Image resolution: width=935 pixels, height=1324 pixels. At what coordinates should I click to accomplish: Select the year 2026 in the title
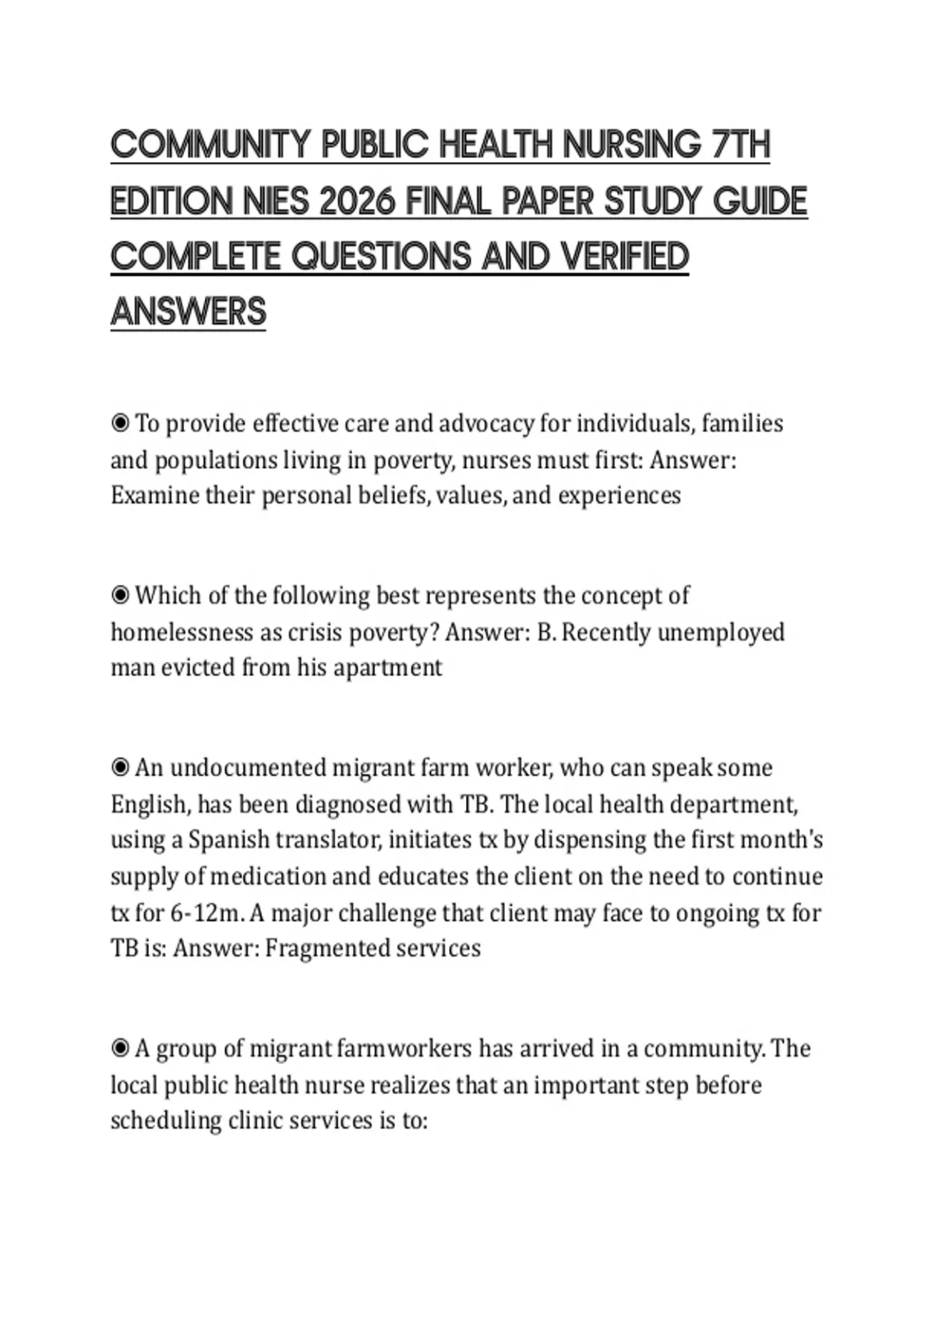(x=352, y=202)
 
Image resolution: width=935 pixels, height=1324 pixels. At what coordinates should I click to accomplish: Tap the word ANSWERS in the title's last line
(x=189, y=312)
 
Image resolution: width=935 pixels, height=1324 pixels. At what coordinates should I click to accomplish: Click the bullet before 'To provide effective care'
(x=120, y=424)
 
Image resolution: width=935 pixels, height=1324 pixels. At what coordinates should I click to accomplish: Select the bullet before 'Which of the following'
(x=120, y=596)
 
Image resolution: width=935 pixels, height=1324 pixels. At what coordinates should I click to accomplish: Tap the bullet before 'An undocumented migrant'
(x=120, y=768)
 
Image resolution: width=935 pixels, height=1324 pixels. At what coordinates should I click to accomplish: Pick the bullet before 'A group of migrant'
(x=120, y=1049)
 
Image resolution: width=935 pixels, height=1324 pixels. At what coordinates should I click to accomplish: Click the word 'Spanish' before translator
(x=227, y=840)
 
